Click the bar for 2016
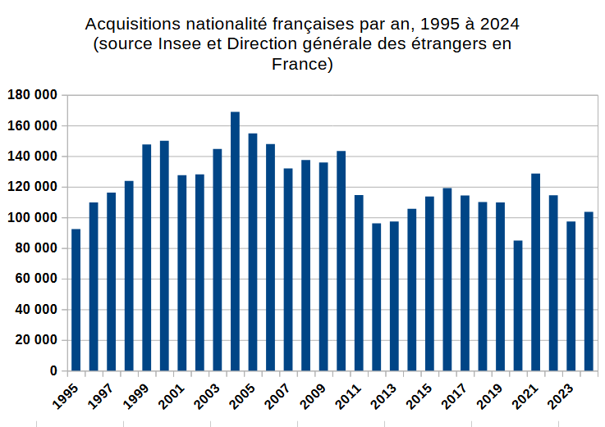coord(447,279)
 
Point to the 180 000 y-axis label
coord(32,95)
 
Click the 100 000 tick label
coord(32,218)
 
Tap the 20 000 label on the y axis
coord(34,341)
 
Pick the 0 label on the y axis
coord(53,371)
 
